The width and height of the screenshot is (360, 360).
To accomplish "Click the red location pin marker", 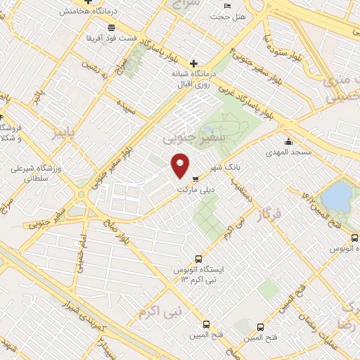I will click(x=181, y=165).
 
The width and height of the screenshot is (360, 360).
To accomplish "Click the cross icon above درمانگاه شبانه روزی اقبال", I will click(x=194, y=63).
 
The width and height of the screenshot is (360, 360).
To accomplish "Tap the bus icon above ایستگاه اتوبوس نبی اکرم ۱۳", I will click(x=198, y=258).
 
